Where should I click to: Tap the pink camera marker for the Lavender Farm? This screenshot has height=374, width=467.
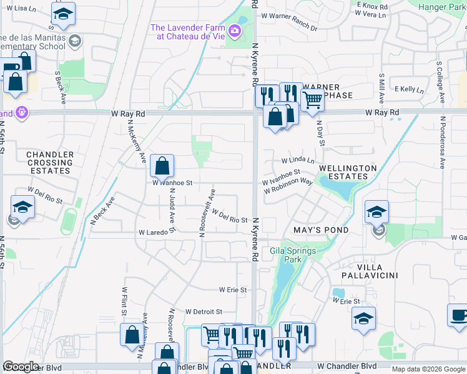(x=235, y=30)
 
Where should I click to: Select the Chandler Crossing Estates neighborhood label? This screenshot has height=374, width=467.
(x=50, y=163)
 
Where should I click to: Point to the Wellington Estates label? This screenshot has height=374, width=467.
(x=348, y=172)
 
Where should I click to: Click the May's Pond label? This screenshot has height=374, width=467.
(x=321, y=230)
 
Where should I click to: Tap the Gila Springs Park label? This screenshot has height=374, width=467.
(x=293, y=255)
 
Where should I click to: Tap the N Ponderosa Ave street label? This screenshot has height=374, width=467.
(x=442, y=142)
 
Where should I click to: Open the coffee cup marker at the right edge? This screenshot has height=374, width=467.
(x=459, y=315)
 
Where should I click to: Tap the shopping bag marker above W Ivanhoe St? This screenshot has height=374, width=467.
(x=162, y=166)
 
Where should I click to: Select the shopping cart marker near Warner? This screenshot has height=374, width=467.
(x=312, y=98)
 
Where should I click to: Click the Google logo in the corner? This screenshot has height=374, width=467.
(x=21, y=367)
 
